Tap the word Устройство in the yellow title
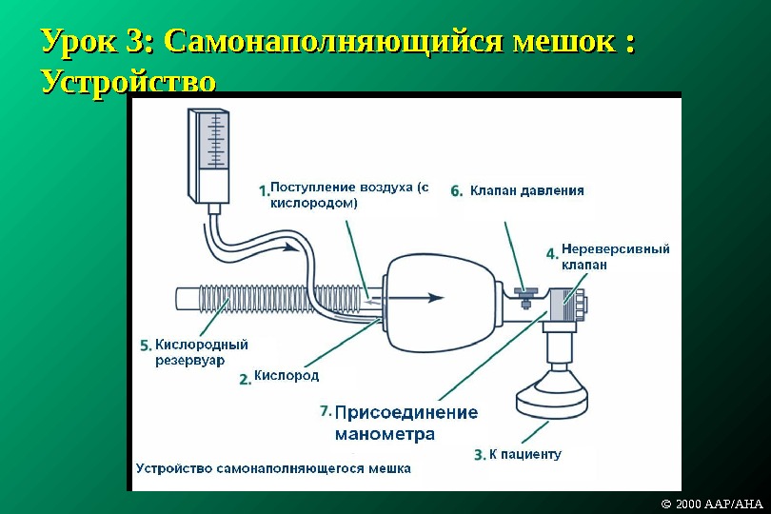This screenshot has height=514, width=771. (128, 80)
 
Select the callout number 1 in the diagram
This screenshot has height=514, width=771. (264, 190)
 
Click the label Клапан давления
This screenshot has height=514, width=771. (527, 190)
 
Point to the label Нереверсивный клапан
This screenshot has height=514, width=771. (615, 257)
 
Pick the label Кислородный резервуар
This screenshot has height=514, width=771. (201, 352)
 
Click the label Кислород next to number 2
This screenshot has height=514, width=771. (287, 377)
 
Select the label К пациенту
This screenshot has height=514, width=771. (525, 454)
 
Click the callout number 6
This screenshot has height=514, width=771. (457, 190)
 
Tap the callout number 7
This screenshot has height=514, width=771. (325, 411)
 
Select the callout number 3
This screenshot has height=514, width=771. (480, 455)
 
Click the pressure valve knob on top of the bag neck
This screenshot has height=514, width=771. (523, 289)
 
